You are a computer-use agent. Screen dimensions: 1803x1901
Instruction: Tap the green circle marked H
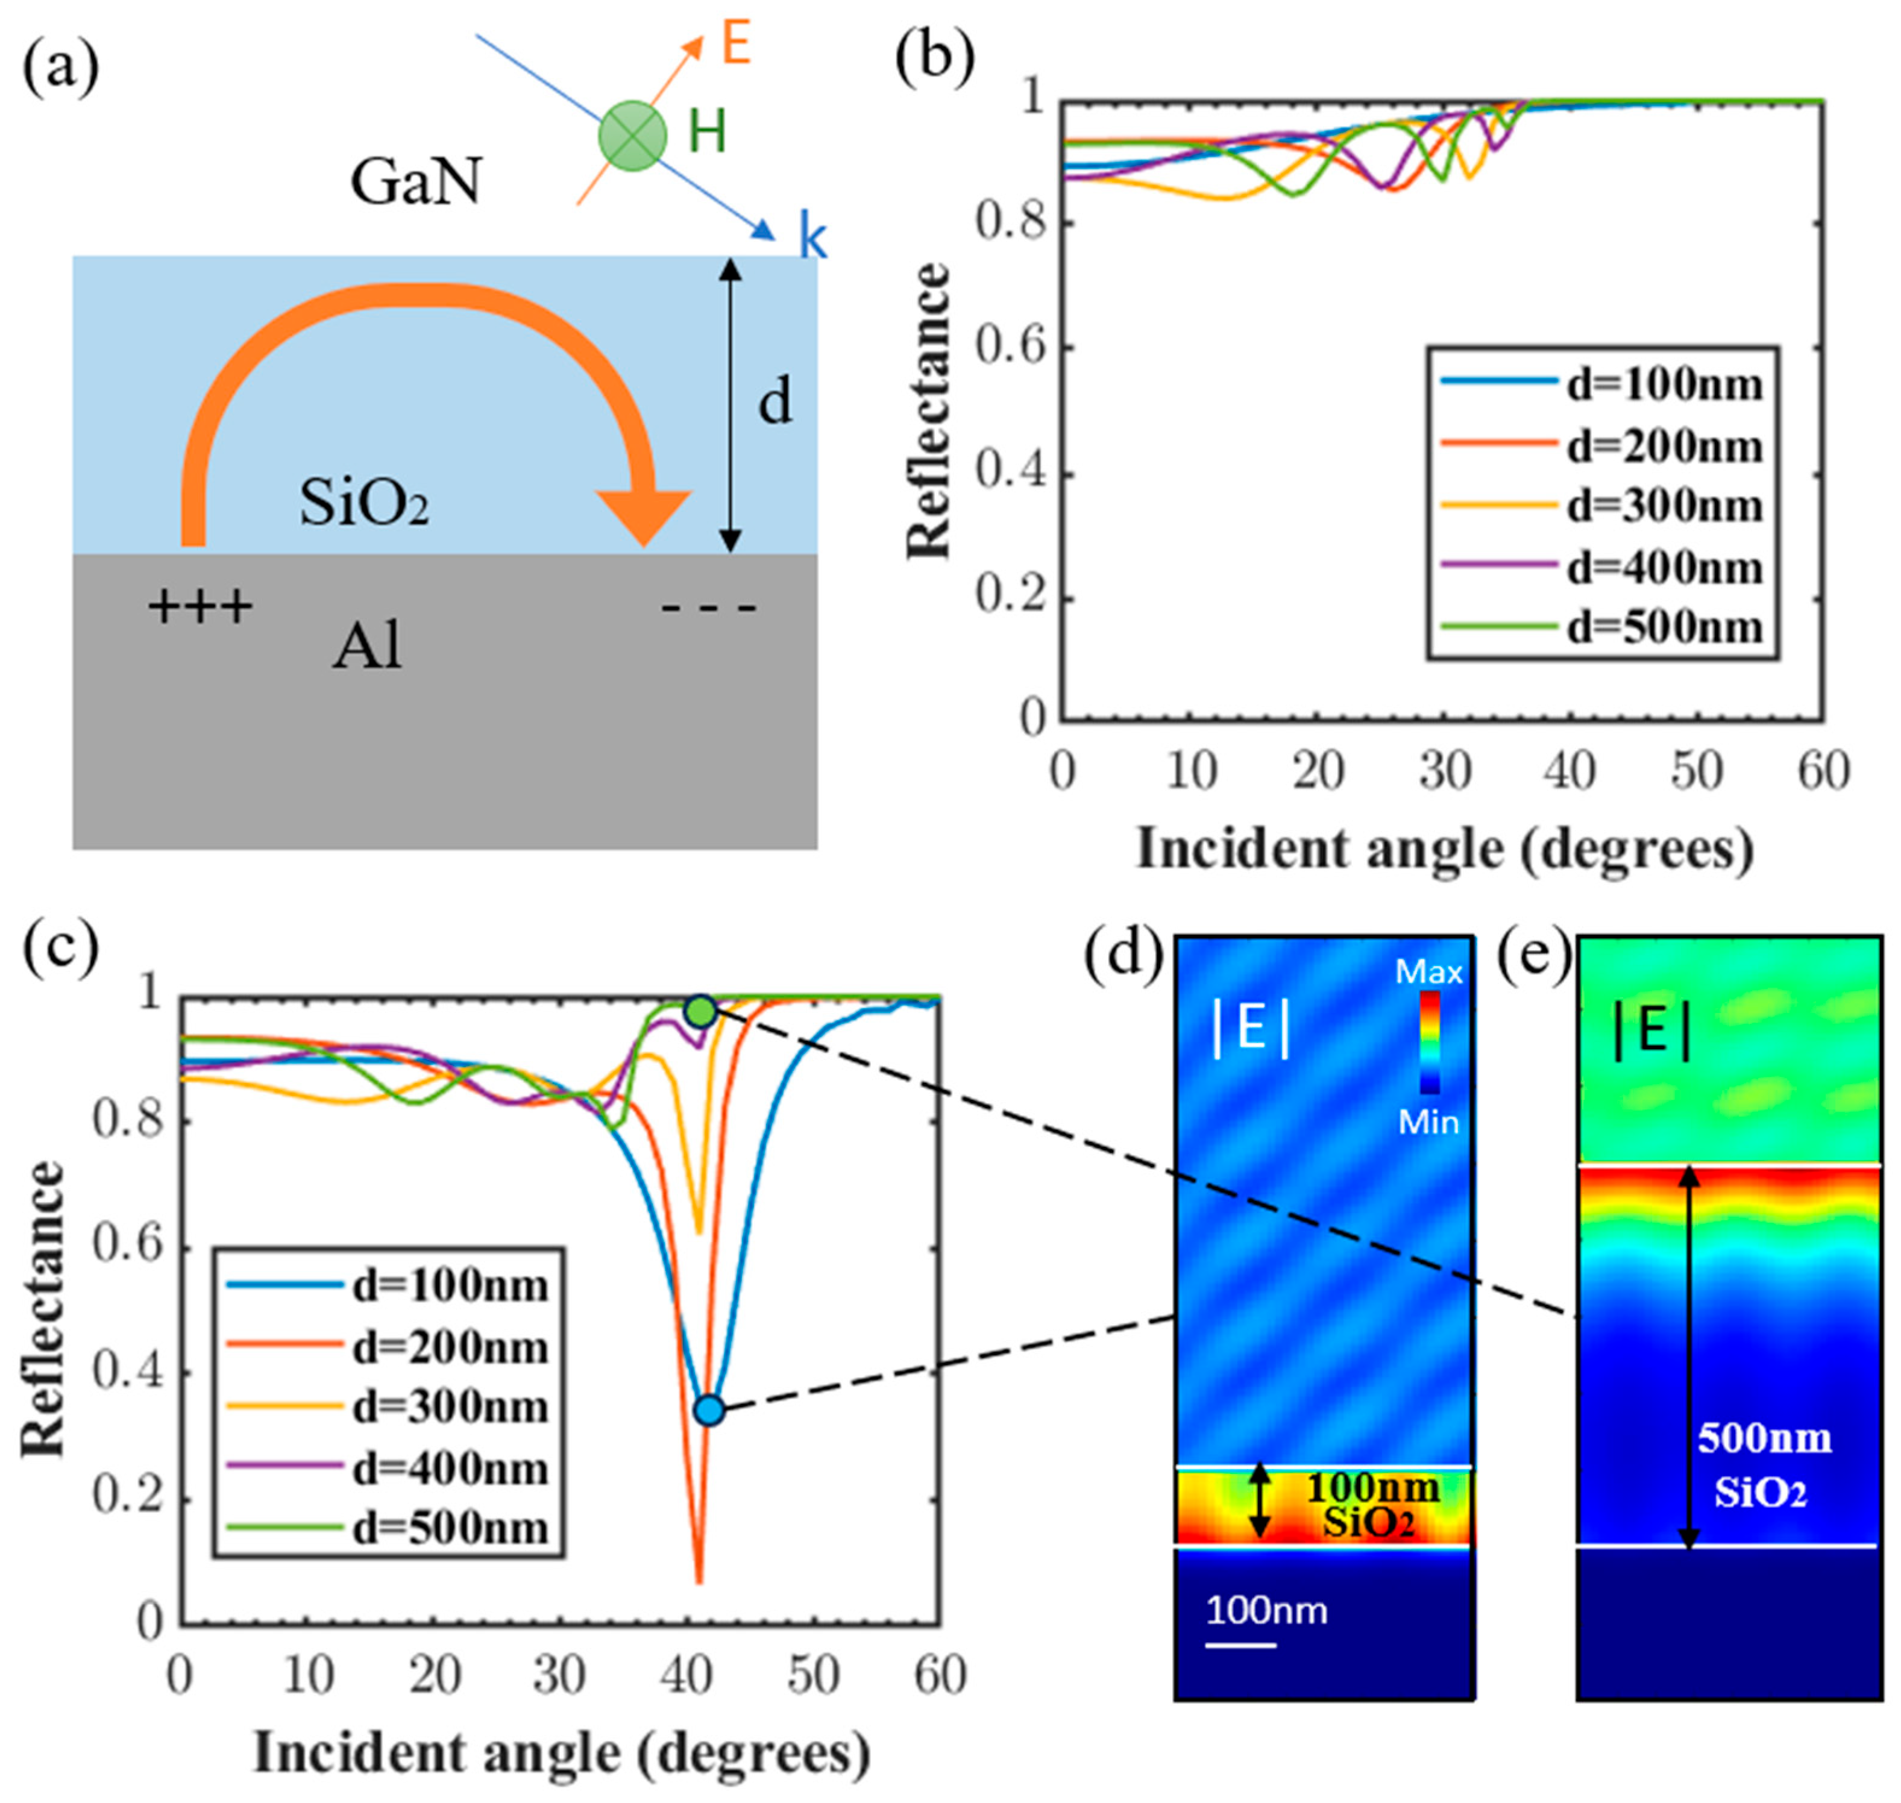click(x=632, y=134)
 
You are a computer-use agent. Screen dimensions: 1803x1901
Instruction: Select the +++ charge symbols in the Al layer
click(x=200, y=606)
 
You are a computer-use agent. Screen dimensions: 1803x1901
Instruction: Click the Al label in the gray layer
click(x=366, y=647)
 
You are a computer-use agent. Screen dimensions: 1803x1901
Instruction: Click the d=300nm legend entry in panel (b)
click(x=1600, y=506)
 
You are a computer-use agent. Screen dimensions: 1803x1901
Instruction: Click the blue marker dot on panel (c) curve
click(x=709, y=1410)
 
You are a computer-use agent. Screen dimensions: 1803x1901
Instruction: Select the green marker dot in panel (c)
click(x=700, y=1011)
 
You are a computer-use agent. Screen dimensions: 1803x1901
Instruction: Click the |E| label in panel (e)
click(x=1651, y=1032)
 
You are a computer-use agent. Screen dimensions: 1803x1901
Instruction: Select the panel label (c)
click(x=60, y=948)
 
